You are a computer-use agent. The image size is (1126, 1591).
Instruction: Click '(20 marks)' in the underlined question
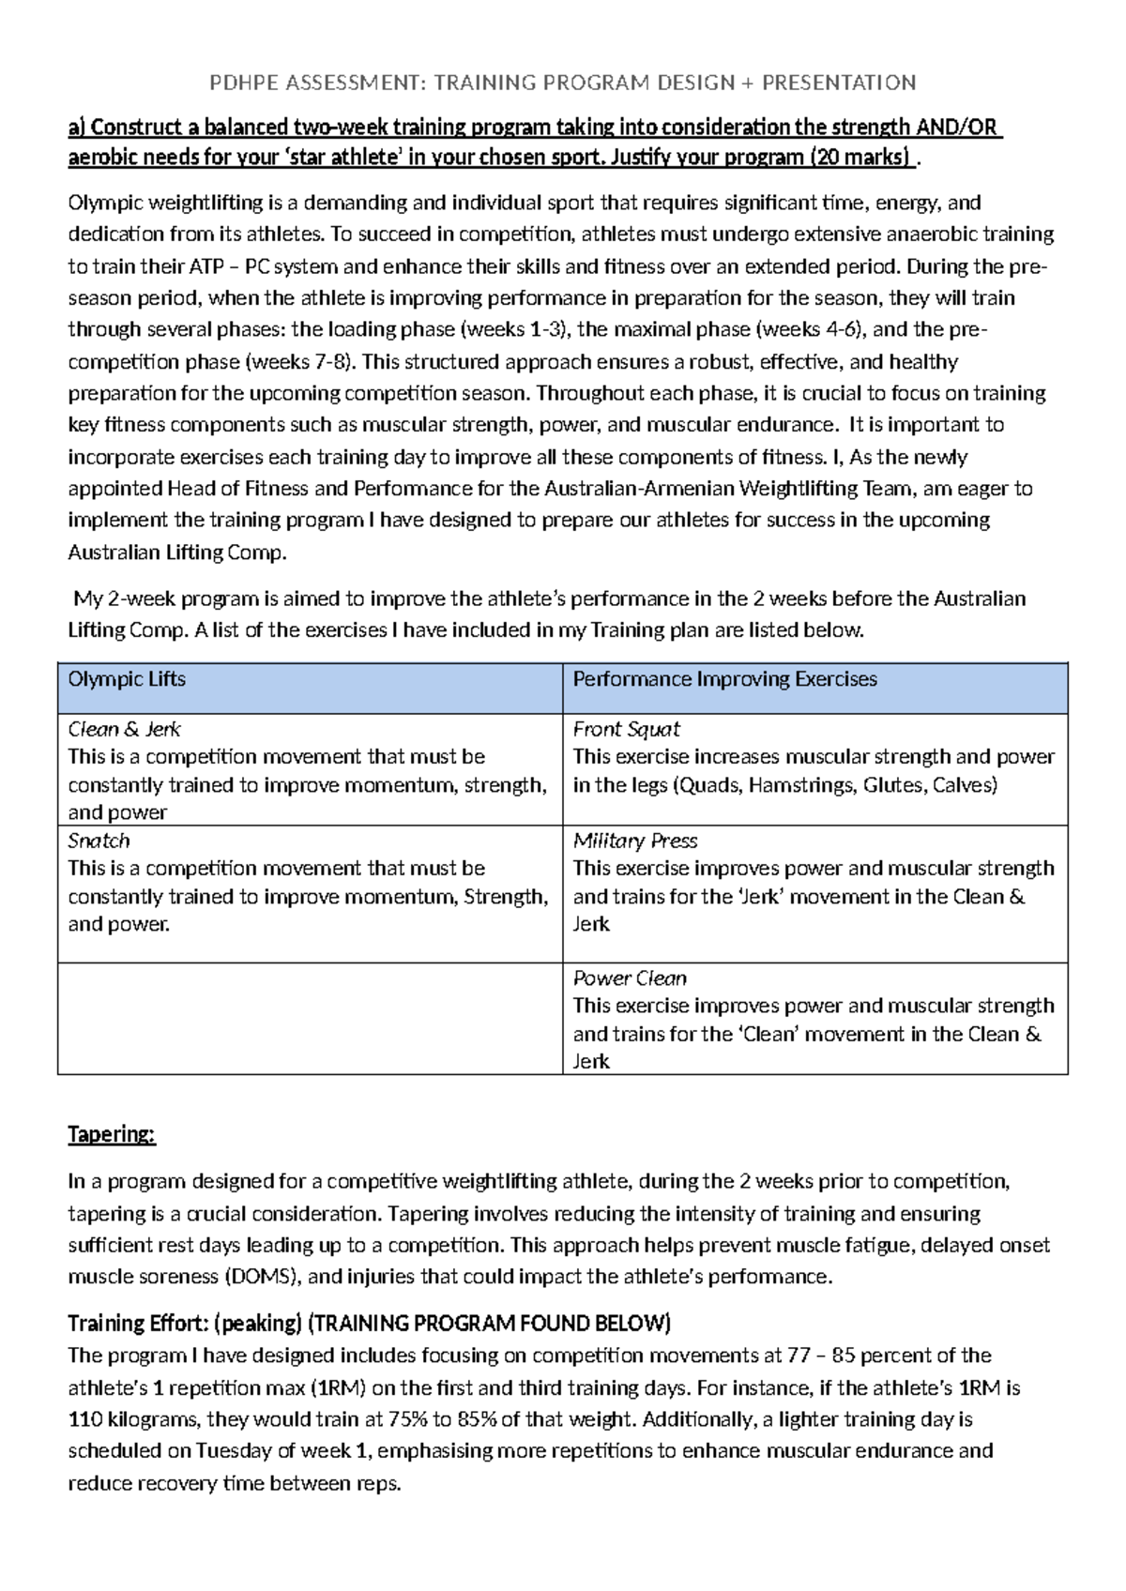pos(860,157)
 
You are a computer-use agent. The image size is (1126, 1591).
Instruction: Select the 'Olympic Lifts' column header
pos(127,679)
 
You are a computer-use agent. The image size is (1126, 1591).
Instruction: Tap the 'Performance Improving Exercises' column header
pos(724,679)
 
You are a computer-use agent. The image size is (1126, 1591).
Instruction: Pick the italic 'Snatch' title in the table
pos(99,841)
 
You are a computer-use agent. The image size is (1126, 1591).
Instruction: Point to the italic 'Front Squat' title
pos(626,729)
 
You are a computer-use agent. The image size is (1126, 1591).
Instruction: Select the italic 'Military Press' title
pos(635,841)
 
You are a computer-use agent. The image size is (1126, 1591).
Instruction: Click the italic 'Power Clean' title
pos(630,978)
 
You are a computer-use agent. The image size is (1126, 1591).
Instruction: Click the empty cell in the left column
pos(310,1018)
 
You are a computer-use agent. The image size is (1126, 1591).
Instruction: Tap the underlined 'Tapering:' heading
pos(111,1134)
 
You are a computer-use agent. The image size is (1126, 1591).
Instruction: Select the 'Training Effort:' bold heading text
pos(137,1324)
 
